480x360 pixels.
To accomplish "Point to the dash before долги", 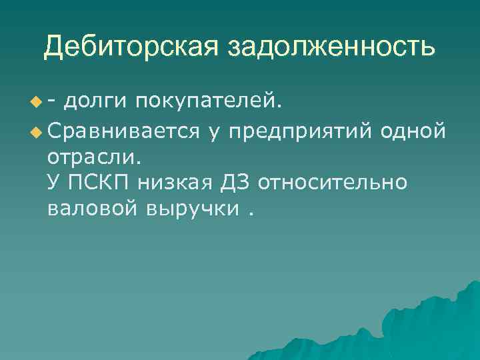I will click(x=52, y=101).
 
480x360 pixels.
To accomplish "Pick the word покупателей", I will click(x=209, y=101).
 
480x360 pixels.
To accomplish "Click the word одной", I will click(x=413, y=131).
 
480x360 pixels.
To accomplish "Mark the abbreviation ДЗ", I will click(x=235, y=182).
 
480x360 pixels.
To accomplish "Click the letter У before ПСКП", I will click(x=54, y=182).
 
